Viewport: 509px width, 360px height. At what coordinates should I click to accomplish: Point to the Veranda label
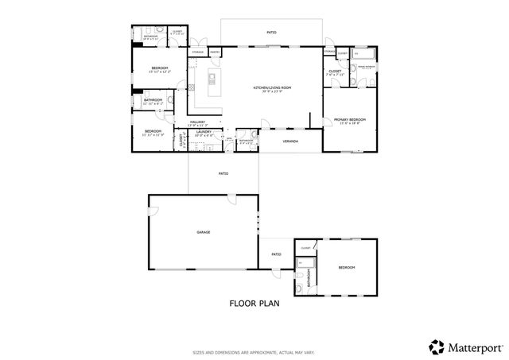pyautogui.click(x=291, y=141)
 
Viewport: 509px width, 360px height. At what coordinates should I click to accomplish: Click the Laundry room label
pyautogui.click(x=204, y=132)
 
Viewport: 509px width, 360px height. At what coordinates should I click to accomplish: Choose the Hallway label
pyautogui.click(x=196, y=121)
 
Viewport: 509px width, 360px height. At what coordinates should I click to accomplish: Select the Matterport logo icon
pyautogui.click(x=437, y=346)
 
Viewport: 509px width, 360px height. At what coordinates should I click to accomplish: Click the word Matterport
pyautogui.click(x=474, y=346)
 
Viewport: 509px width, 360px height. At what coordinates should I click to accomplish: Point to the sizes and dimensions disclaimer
pyautogui.click(x=254, y=352)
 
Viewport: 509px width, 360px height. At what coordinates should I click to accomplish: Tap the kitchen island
pyautogui.click(x=213, y=77)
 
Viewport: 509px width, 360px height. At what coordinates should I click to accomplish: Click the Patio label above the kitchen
pyautogui.click(x=271, y=33)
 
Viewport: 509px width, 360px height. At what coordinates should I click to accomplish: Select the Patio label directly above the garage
pyautogui.click(x=224, y=172)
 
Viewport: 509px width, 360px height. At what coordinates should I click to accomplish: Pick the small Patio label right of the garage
pyautogui.click(x=275, y=254)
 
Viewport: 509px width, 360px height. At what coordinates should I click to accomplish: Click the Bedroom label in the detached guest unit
pyautogui.click(x=346, y=267)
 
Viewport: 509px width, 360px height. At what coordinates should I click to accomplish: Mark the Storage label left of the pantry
pyautogui.click(x=197, y=52)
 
